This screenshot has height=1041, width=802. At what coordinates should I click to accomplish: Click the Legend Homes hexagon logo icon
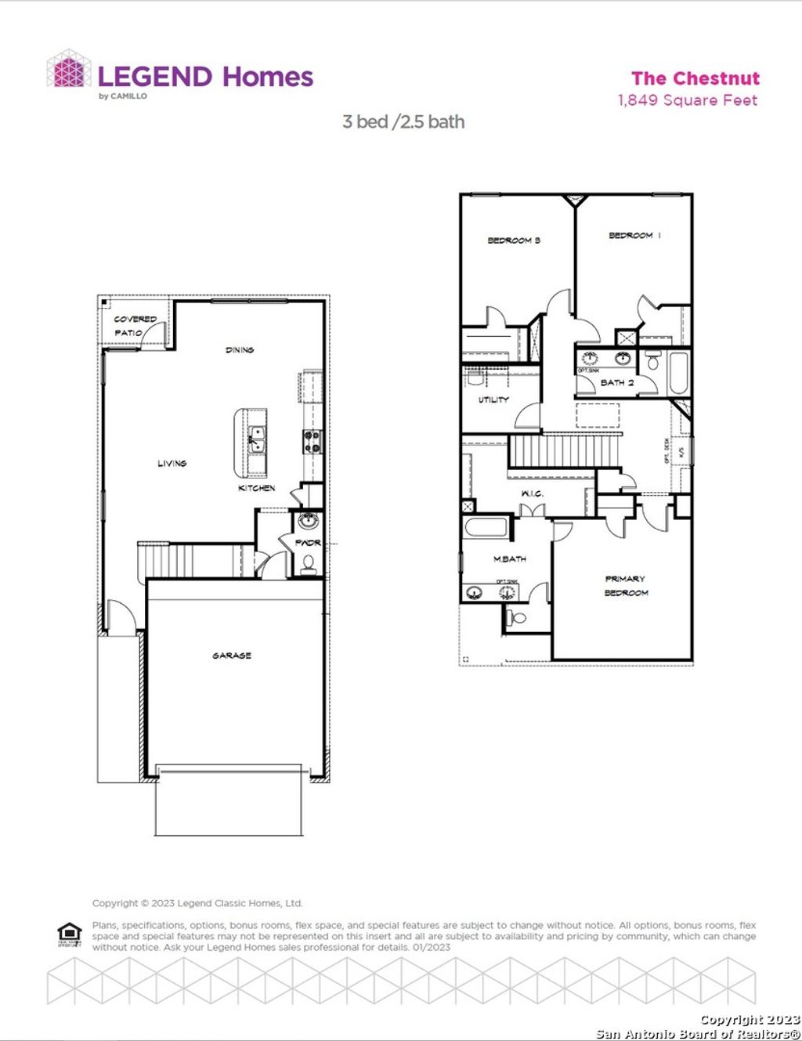(69, 70)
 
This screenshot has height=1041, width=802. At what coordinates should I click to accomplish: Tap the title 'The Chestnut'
(695, 78)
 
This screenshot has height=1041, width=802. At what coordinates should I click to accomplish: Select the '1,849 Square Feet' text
(688, 100)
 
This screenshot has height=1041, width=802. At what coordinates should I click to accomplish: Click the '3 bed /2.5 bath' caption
(403, 122)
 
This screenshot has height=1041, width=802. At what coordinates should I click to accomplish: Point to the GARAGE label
(232, 656)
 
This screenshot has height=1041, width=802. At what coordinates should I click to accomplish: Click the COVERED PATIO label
(134, 326)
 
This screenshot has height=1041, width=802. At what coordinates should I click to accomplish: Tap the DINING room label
(240, 350)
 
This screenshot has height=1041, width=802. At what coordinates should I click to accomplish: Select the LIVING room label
(172, 464)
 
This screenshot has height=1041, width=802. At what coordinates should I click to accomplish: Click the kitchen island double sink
(256, 441)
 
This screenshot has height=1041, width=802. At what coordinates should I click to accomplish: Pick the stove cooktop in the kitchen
(312, 443)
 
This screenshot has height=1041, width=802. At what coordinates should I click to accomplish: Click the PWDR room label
(308, 542)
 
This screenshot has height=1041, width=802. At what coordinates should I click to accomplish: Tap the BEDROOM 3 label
(514, 240)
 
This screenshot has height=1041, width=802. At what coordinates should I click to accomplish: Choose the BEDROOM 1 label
(634, 235)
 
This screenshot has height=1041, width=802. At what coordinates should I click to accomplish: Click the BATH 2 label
(617, 382)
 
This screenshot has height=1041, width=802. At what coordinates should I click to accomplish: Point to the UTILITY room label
(493, 400)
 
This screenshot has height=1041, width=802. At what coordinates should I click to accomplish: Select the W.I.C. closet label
(533, 493)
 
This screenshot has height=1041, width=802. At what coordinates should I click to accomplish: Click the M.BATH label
(510, 559)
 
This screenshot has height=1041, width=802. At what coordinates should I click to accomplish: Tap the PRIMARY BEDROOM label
(626, 586)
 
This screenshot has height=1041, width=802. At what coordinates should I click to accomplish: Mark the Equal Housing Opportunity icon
(70, 934)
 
